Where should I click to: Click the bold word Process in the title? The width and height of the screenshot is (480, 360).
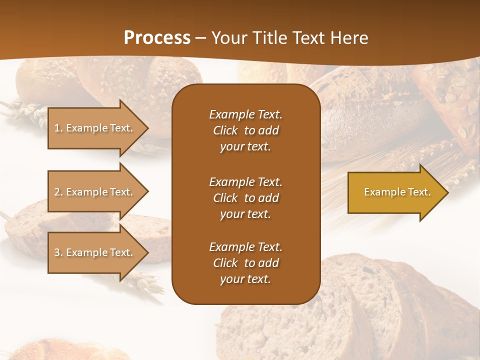(x=157, y=38)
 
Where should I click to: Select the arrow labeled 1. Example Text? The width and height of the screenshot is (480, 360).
(x=93, y=128)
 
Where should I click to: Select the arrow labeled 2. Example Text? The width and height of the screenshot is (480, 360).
(x=93, y=192)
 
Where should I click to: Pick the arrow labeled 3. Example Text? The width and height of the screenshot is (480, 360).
(x=93, y=252)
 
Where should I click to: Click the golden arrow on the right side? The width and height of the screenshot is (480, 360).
(x=395, y=192)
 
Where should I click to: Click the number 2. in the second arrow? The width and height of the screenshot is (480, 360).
(x=58, y=192)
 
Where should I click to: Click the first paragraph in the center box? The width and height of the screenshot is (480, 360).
(x=245, y=130)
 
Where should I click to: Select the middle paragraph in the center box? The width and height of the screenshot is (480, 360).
(x=245, y=198)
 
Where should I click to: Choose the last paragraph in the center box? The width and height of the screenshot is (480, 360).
(x=245, y=263)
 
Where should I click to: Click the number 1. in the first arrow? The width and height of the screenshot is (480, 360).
(x=58, y=128)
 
